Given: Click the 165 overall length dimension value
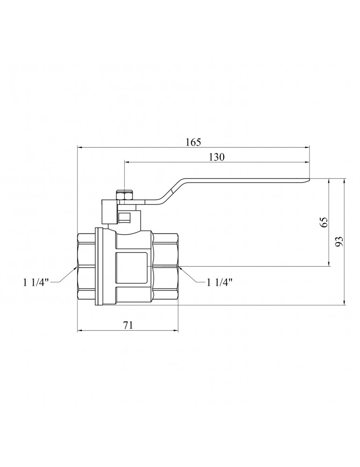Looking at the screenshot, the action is pos(194,142).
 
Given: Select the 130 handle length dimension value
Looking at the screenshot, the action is pos(217,157).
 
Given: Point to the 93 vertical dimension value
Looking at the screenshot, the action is pos(339,241).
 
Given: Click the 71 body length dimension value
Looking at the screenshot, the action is pos(128,325).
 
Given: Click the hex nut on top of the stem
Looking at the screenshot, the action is pos(125,196).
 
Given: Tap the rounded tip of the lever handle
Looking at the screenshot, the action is pos(308,180).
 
